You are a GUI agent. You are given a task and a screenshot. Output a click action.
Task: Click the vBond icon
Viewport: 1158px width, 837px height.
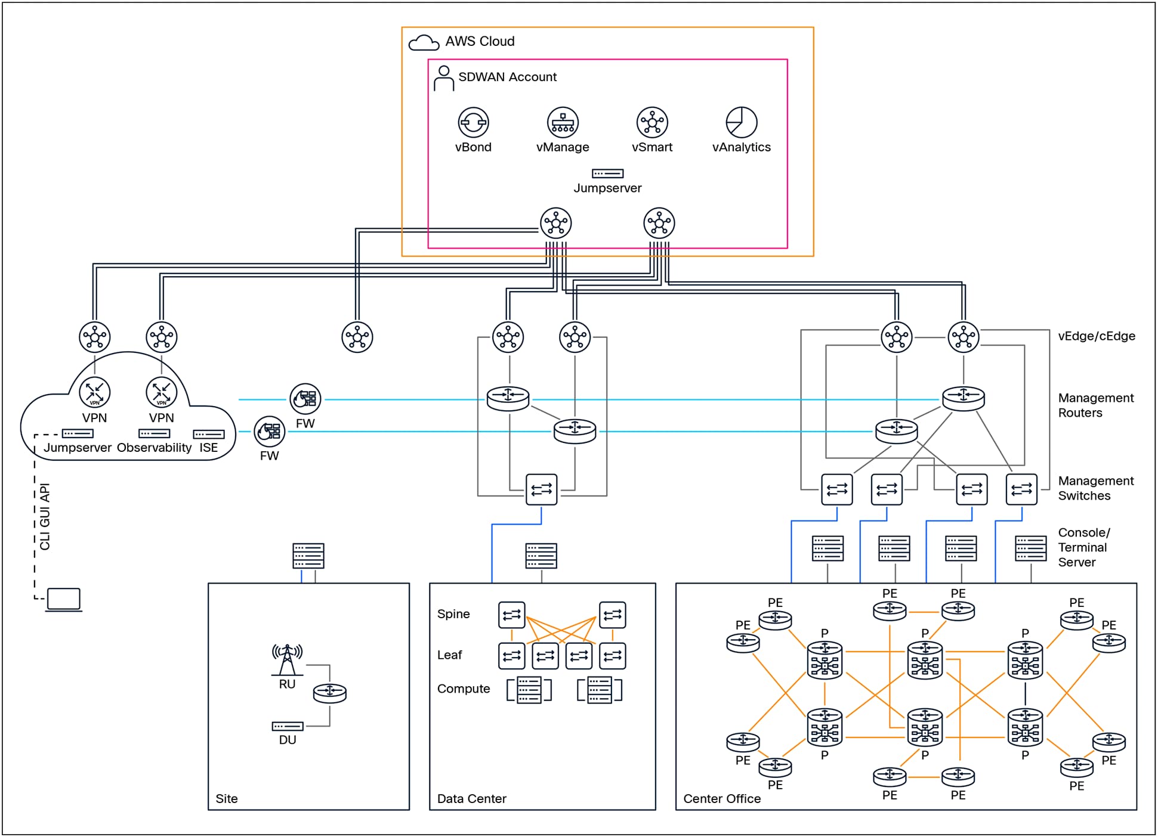pyautogui.click(x=473, y=123)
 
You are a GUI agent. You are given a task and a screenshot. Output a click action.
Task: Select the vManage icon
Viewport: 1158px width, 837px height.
pyautogui.click(x=563, y=123)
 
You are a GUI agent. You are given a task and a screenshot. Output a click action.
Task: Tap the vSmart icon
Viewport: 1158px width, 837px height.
pyautogui.click(x=652, y=123)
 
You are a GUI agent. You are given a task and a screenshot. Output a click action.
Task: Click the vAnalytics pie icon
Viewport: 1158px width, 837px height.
pyautogui.click(x=741, y=123)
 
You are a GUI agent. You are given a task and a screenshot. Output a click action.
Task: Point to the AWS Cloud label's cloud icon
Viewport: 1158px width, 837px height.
pyautogui.click(x=424, y=43)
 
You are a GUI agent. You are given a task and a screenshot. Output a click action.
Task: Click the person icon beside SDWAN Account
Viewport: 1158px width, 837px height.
pyautogui.click(x=443, y=79)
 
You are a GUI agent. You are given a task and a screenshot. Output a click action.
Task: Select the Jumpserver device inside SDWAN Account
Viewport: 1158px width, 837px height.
pyautogui.click(x=607, y=173)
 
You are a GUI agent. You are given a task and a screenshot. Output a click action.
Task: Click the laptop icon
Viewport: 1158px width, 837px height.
pyautogui.click(x=64, y=600)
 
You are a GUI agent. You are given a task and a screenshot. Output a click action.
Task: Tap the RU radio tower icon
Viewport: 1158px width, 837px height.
pyautogui.click(x=287, y=660)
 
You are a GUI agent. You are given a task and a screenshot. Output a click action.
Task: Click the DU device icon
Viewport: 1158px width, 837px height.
pyautogui.click(x=288, y=726)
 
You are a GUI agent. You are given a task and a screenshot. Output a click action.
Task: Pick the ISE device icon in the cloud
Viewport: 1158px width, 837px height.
pyautogui.click(x=208, y=434)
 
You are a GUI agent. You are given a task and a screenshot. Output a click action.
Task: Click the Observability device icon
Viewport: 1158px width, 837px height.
pyautogui.click(x=154, y=433)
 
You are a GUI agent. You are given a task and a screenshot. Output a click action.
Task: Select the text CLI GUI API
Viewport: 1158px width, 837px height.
pyautogui.click(x=45, y=516)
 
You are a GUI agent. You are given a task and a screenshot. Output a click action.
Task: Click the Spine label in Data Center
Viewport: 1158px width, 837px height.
pyautogui.click(x=453, y=614)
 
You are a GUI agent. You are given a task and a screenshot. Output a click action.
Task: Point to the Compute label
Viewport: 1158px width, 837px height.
pyautogui.click(x=464, y=689)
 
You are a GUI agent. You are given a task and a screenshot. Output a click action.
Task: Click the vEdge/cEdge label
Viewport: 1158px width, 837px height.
pyautogui.click(x=1096, y=336)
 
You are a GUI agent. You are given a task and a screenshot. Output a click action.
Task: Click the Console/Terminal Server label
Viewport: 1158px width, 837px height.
pyautogui.click(x=1083, y=547)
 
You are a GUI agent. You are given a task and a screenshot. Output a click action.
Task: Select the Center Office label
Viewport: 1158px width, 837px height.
pyautogui.click(x=721, y=799)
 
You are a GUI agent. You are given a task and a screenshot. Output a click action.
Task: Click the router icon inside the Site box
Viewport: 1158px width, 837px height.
pyautogui.click(x=329, y=693)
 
